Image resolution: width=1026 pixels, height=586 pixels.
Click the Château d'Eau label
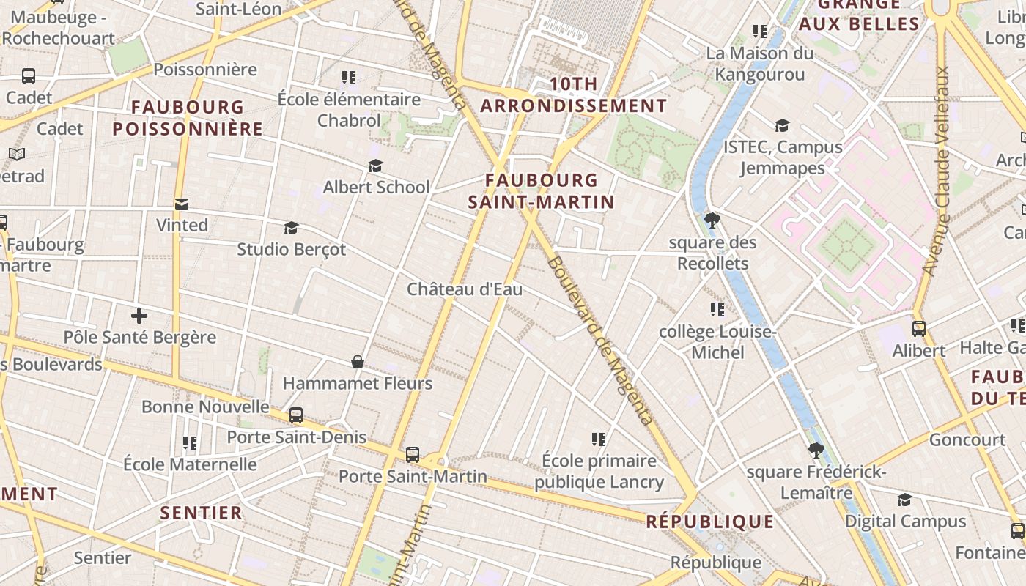pos(465,289)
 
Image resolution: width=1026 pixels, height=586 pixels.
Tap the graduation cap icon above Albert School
pos(376,166)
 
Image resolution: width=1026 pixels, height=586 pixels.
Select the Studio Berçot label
pos(291,249)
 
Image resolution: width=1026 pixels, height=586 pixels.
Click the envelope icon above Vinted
pos(182,204)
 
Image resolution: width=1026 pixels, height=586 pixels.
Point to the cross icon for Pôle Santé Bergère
pos(139,316)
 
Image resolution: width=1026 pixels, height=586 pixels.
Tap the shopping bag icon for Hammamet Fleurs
pos(358,362)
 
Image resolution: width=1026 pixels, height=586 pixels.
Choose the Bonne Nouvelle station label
pos(205,407)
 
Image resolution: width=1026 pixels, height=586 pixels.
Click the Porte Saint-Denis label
pos(296,437)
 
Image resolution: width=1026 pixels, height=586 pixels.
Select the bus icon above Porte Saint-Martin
pos(413,455)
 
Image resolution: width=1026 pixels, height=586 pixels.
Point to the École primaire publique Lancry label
pos(599,471)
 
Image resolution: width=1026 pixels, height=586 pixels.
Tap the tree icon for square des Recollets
pos(712,220)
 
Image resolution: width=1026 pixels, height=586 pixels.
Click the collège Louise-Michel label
pos(717,342)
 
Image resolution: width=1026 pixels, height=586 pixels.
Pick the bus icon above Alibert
pos(919,329)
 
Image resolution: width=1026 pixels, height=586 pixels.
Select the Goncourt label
pos(967,439)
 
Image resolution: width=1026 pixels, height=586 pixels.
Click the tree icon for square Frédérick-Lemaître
pos(816,450)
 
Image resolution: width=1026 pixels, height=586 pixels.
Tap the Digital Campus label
pos(906,522)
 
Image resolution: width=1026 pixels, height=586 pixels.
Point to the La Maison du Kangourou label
pos(760,64)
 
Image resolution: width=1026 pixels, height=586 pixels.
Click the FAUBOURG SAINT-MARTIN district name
pos(542,190)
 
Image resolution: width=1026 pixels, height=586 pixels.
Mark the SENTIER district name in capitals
pos(202,513)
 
